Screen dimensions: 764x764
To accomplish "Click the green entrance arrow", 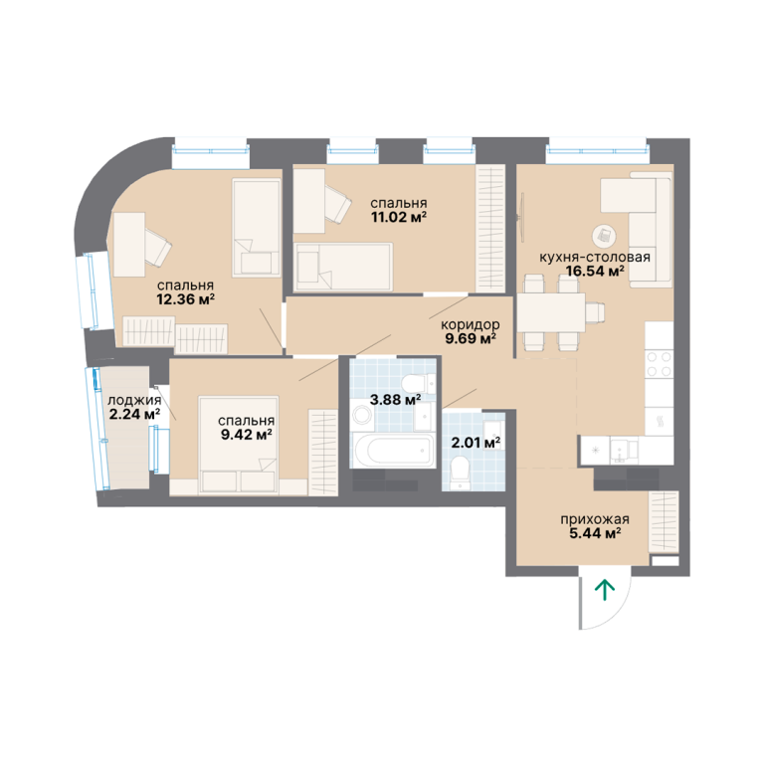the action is pos(605,590).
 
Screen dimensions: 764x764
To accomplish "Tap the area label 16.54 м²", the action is pos(595,271).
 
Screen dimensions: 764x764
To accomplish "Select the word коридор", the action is pos(471,324).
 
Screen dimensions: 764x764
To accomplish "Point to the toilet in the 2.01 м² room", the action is pos(460,472).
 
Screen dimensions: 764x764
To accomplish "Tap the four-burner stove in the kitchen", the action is pos(660,364).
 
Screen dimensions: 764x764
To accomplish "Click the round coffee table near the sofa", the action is pos(604,237).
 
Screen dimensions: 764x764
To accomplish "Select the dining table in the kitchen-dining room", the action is pos(551,312).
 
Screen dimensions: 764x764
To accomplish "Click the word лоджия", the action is pos(134,401).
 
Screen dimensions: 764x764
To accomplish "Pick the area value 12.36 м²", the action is pos(186,299).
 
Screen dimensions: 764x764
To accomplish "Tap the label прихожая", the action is pos(595,519).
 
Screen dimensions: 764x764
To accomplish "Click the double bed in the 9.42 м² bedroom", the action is pos(239,444).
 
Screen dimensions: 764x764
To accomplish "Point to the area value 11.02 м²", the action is pos(399,217).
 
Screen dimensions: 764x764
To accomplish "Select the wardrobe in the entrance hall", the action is pos(664,522).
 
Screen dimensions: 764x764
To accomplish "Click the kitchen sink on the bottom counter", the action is pos(621,451).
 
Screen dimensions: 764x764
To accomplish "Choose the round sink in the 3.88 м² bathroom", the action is pos(362,416).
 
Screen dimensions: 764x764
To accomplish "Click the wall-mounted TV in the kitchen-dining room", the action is pos(522,217).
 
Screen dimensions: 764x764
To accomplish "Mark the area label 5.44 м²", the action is pos(595,533).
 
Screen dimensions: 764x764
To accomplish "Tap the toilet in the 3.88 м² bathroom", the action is pos(419,383).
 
